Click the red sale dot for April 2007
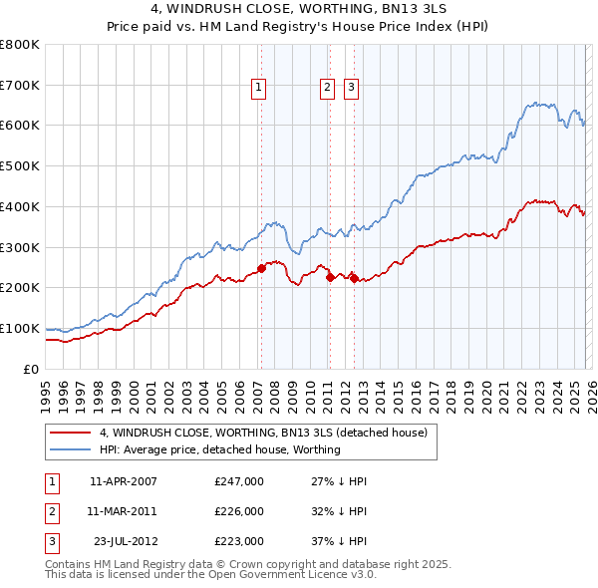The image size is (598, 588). click(261, 268)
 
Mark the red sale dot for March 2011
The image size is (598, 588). click(330, 278)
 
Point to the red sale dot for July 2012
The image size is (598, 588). click(354, 278)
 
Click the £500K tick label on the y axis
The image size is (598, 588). click(20, 166)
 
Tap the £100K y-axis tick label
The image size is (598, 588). click(20, 328)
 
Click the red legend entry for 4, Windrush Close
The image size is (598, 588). click(263, 433)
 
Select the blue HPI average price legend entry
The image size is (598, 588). click(219, 449)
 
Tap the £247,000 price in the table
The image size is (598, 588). click(239, 481)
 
